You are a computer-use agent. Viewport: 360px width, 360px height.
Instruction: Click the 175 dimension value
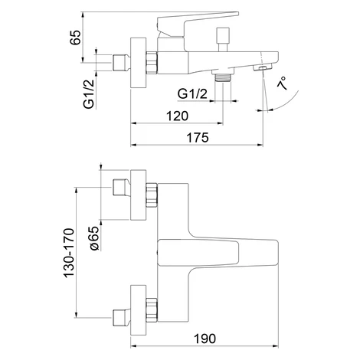198,138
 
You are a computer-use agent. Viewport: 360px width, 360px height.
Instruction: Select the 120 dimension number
177,116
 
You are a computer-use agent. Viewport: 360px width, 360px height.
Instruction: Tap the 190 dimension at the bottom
205,339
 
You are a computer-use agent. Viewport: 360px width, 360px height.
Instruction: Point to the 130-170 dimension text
69,253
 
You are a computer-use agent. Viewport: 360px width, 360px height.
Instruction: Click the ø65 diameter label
94,238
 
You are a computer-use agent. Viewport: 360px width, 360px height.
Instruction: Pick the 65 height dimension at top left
75,38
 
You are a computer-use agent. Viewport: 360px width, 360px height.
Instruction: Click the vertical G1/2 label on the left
89,94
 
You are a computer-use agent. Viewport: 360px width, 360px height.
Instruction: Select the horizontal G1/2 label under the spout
192,94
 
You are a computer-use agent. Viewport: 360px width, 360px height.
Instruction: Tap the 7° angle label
282,83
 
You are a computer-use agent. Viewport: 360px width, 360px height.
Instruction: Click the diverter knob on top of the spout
223,39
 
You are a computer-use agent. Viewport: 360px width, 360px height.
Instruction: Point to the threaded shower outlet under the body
223,77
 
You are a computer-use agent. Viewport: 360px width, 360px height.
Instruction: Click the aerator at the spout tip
263,67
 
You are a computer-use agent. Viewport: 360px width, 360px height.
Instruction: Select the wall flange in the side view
139,63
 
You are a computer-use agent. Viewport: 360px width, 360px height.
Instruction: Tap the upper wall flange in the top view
139,195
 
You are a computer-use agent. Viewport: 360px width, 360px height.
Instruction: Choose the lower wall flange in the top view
139,310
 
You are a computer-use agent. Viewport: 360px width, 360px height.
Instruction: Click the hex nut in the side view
152,63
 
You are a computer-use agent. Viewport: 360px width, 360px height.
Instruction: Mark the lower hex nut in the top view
152,309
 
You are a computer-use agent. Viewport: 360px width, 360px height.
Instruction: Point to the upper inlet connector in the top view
121,188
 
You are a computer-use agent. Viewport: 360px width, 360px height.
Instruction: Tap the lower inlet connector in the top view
121,318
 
